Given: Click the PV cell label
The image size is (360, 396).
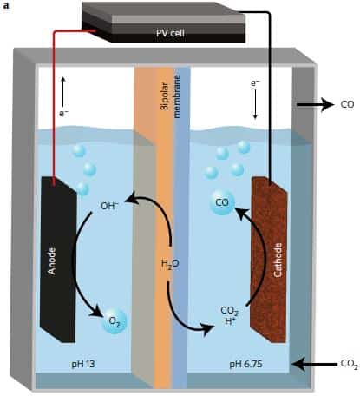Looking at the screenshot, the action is click(x=170, y=33).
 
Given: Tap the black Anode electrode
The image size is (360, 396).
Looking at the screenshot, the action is click(x=58, y=260).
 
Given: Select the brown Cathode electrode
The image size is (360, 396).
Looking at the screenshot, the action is click(x=269, y=260).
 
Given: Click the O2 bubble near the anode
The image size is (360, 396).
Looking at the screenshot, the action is click(x=115, y=321).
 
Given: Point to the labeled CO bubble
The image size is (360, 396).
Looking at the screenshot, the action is click(x=222, y=202).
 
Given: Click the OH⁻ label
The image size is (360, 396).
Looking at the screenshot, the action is click(x=109, y=206).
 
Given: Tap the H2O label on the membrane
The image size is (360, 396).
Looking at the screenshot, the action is click(x=170, y=264).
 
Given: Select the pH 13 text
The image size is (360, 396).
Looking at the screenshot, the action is click(x=83, y=364).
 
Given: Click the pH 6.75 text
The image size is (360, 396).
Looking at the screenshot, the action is click(x=245, y=364).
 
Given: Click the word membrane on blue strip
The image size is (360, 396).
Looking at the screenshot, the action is click(x=177, y=96).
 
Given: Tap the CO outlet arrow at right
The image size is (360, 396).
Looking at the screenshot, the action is click(x=315, y=104).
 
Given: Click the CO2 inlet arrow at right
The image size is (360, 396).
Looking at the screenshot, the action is click(x=315, y=364).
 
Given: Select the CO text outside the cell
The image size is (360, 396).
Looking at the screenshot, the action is click(x=347, y=104).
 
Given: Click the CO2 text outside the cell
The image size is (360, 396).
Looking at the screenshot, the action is click(x=349, y=364).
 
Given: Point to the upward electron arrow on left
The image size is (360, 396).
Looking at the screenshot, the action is click(x=63, y=92).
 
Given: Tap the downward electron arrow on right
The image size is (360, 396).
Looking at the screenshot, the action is click(x=255, y=104).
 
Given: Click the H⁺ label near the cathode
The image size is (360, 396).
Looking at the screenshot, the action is click(x=230, y=321).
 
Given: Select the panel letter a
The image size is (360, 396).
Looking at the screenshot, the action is click(x=5, y=5).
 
